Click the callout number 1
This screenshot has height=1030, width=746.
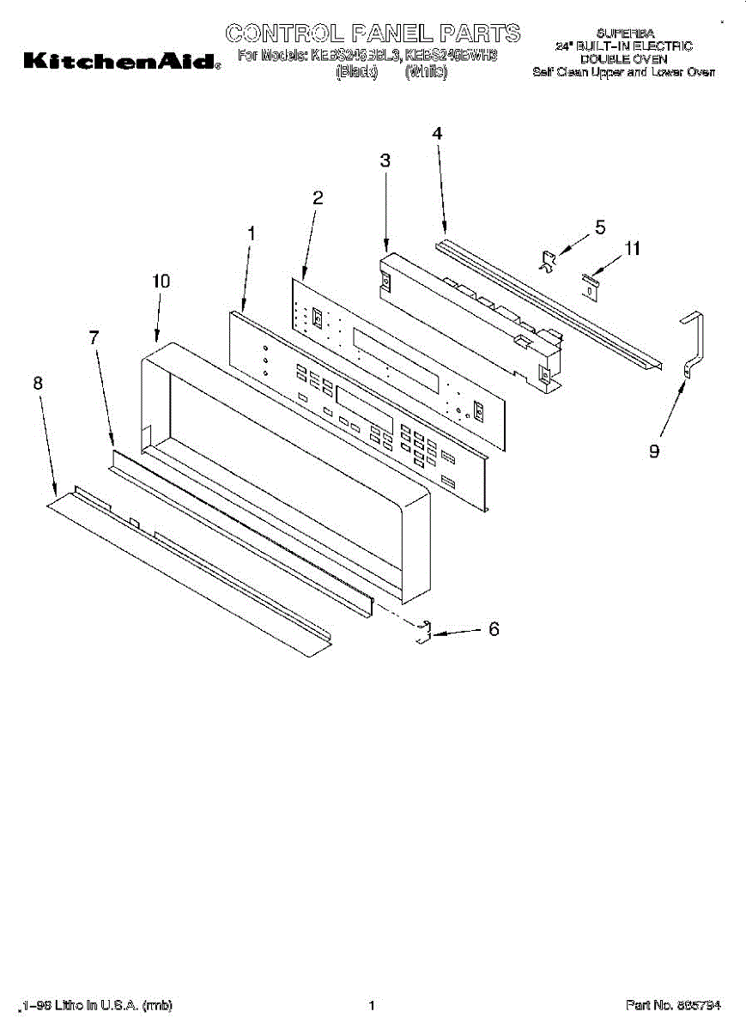tap(252, 233)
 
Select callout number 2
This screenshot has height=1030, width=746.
tap(318, 197)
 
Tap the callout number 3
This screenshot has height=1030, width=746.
tap(385, 160)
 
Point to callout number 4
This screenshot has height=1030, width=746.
tap(437, 134)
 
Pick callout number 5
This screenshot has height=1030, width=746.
tap(600, 227)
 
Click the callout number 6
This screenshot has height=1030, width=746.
tap(494, 629)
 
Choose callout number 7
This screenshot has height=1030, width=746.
tap(94, 337)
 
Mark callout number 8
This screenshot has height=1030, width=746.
tap(38, 384)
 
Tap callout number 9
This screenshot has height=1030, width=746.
tap(654, 451)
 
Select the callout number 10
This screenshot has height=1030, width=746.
tap(161, 281)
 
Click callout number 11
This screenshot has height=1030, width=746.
tap(632, 250)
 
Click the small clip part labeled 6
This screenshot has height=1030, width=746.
tap(422, 633)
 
